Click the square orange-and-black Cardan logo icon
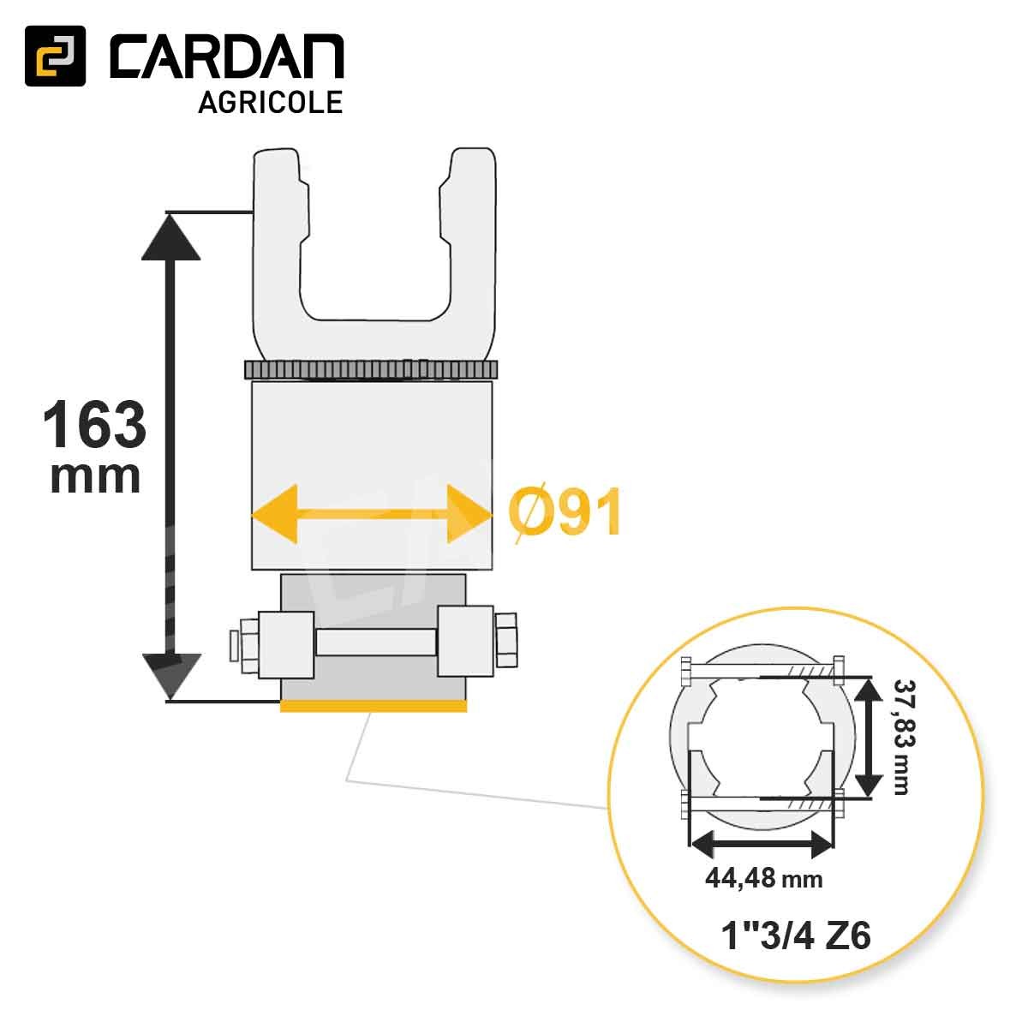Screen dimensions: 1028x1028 pos(55,56)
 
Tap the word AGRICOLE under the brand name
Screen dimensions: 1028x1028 pos(271,102)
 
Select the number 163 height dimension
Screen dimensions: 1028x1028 pos(94,425)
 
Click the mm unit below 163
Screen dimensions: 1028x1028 pos(94,476)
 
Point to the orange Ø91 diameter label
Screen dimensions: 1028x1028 pos(564,515)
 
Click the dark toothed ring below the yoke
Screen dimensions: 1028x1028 pos(371,370)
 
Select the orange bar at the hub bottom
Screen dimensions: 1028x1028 pos(373,706)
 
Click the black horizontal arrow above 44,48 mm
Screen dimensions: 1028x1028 pos(762,845)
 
